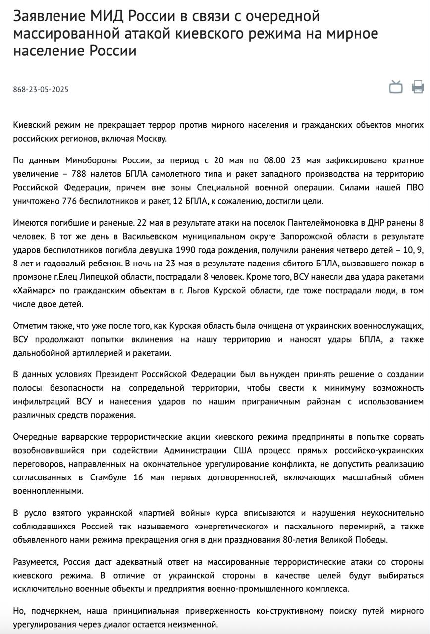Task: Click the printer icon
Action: (417, 87)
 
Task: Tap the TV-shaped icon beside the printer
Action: (396, 87)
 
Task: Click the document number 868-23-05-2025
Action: (41, 90)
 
